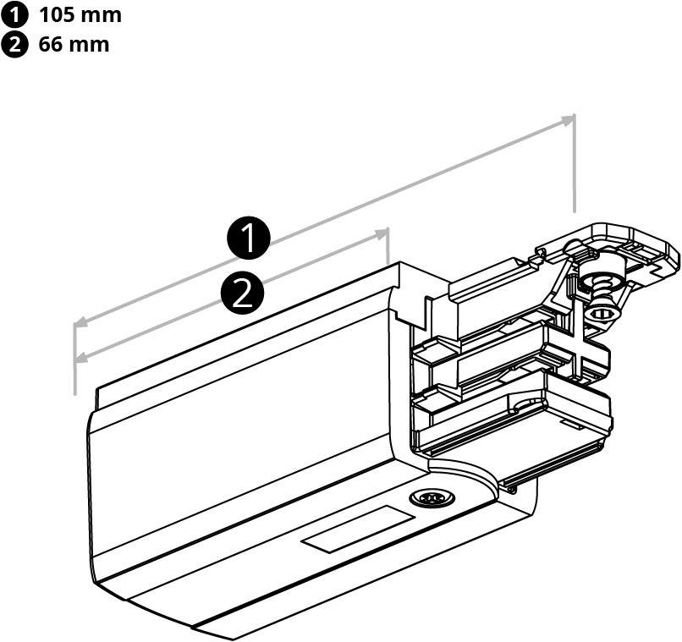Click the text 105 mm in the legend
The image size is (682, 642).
point(80,15)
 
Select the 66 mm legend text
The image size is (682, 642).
point(74,44)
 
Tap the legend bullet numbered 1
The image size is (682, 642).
point(15,15)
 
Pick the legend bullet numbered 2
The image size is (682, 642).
point(15,44)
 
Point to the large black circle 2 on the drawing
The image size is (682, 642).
point(242,292)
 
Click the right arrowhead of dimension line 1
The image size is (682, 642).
point(568,120)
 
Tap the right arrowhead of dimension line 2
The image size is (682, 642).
point(382,234)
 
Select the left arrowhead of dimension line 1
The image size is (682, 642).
point(81,323)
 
